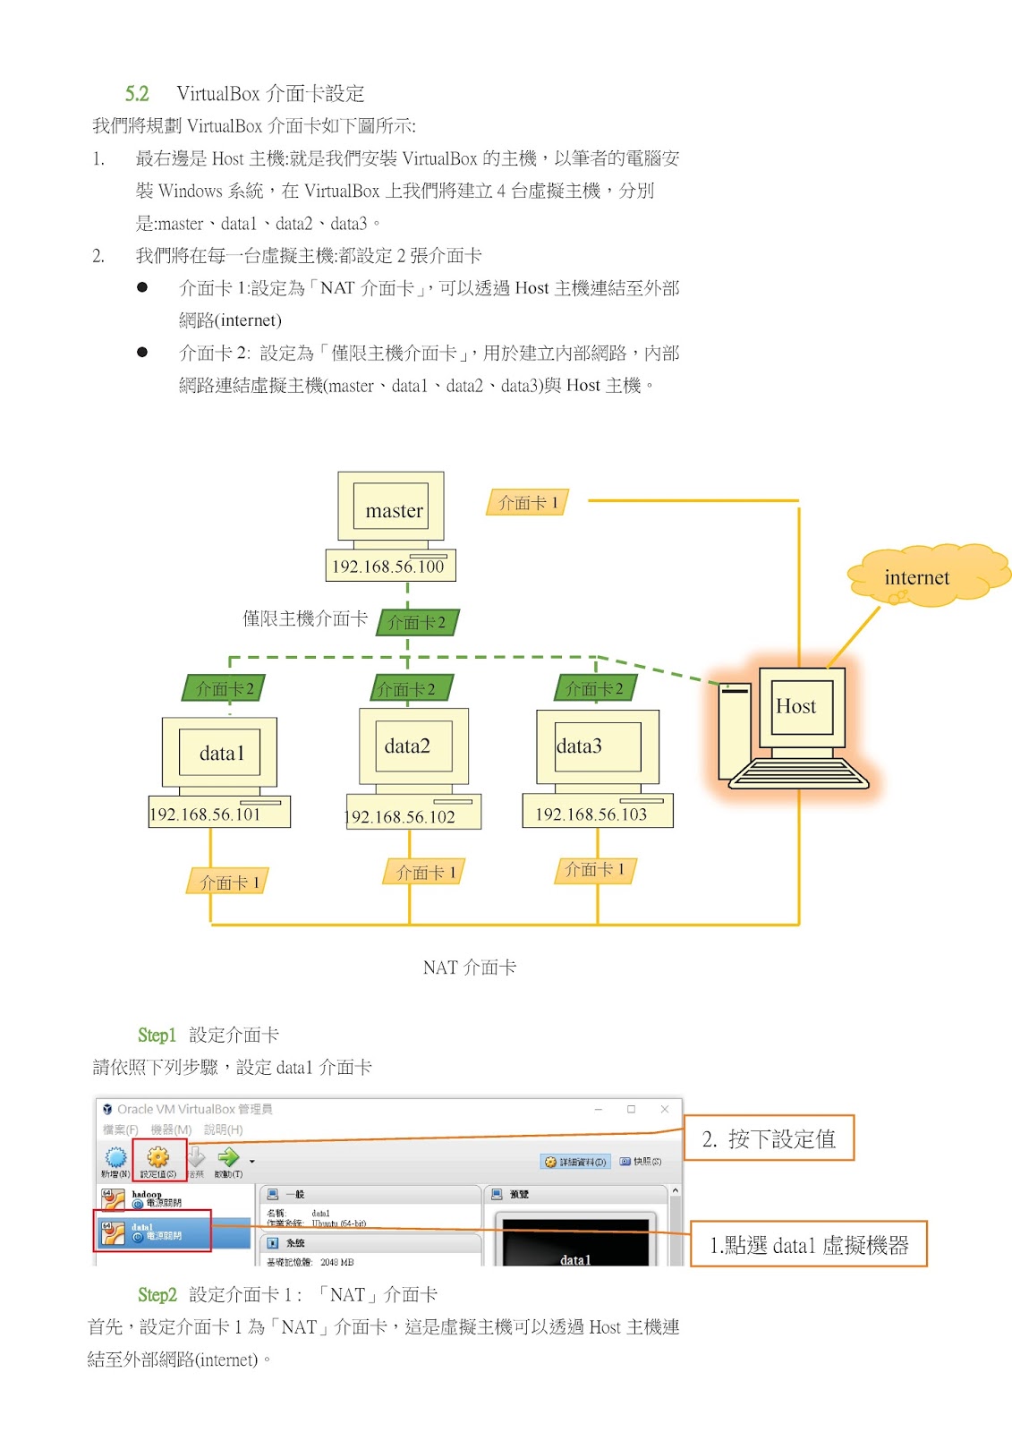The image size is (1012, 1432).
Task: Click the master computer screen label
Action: pyautogui.click(x=394, y=510)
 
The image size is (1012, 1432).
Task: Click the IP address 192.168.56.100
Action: pyautogui.click(x=388, y=566)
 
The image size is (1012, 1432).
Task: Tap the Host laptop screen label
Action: pyautogui.click(x=795, y=706)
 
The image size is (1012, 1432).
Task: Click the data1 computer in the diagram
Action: pyautogui.click(x=219, y=753)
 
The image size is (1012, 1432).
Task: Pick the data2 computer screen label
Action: pyautogui.click(x=407, y=746)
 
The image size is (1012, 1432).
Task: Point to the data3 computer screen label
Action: pyautogui.click(x=580, y=746)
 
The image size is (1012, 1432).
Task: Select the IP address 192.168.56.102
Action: pyautogui.click(x=401, y=816)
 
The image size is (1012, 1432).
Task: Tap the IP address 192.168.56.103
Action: pyautogui.click(x=591, y=814)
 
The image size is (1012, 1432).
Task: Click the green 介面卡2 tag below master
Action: pyautogui.click(x=417, y=622)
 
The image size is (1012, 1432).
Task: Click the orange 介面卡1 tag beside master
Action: pyautogui.click(x=527, y=502)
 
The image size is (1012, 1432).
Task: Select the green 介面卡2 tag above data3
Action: pyautogui.click(x=594, y=688)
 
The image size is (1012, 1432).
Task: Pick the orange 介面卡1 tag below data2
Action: pyautogui.click(x=425, y=872)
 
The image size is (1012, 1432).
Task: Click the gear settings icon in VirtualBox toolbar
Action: pyautogui.click(x=158, y=1156)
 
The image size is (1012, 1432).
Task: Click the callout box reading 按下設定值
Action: pyautogui.click(x=769, y=1138)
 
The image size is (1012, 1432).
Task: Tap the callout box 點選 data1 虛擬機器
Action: pyautogui.click(x=808, y=1244)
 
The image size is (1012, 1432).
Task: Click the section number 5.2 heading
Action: pyautogui.click(x=137, y=93)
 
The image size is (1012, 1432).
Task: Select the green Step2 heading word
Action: pyautogui.click(x=157, y=1294)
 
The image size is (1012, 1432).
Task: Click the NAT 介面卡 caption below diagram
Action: pyautogui.click(x=469, y=967)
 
